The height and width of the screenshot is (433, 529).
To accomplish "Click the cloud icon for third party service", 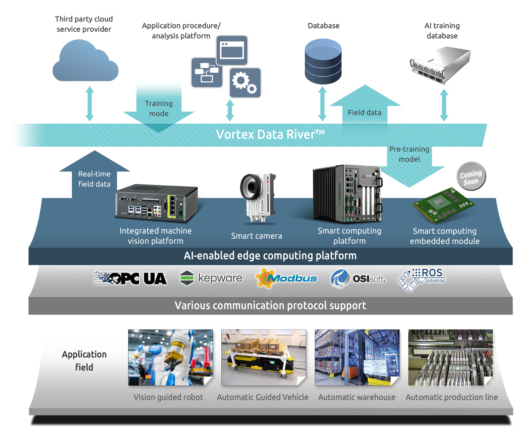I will click(x=85, y=62).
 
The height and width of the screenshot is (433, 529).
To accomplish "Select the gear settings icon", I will click(x=245, y=83).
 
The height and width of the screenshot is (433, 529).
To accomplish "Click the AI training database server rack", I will click(x=440, y=65).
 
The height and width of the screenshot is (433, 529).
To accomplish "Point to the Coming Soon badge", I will click(x=471, y=176).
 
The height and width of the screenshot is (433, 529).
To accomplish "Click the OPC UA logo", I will click(x=130, y=278).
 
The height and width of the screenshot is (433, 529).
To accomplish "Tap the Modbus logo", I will click(x=286, y=278).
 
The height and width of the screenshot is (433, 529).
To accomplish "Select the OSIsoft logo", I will click(x=358, y=279).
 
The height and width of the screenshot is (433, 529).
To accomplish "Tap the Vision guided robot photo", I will click(x=170, y=357).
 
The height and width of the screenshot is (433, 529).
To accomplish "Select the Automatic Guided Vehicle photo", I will click(x=264, y=357).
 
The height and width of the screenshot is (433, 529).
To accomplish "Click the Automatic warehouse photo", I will click(x=357, y=357).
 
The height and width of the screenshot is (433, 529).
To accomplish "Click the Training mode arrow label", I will click(x=159, y=108).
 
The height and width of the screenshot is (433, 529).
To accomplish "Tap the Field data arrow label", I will click(x=365, y=113).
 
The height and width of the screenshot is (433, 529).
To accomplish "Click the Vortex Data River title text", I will click(x=270, y=135).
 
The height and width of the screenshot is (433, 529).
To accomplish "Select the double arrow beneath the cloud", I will click(x=90, y=104).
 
